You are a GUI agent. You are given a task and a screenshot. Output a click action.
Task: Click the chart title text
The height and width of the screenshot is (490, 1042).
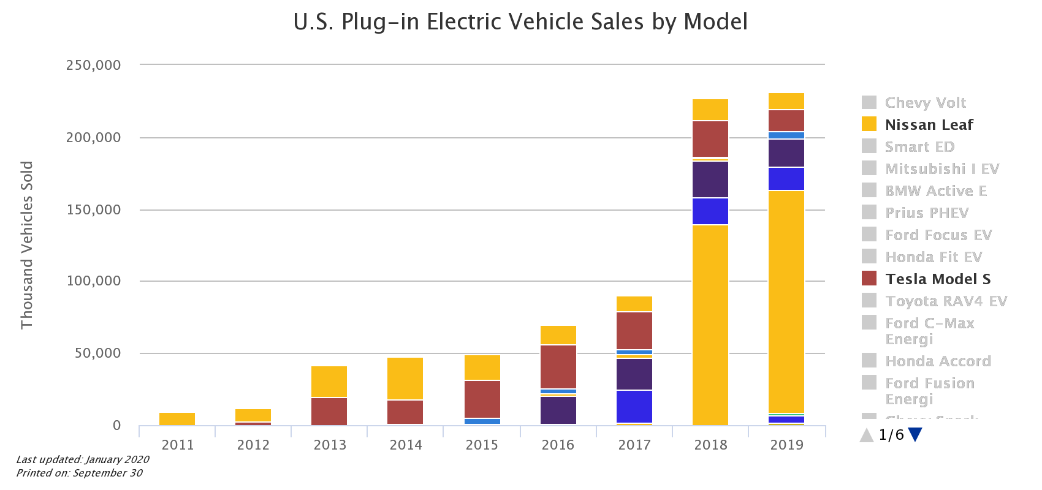point(520,22)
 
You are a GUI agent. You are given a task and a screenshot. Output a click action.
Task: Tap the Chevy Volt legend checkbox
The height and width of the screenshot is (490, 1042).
point(869,102)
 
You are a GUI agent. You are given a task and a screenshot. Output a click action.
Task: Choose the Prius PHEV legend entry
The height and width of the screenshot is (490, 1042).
point(926,213)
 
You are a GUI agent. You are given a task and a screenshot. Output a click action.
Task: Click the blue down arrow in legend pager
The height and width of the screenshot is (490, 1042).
point(915,435)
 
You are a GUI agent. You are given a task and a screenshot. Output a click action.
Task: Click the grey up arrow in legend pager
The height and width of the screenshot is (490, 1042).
point(867,435)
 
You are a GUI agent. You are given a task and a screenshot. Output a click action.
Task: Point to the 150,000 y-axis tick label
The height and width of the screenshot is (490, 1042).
point(94,210)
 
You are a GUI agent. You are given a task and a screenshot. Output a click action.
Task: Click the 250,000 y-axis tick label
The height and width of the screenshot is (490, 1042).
point(94,65)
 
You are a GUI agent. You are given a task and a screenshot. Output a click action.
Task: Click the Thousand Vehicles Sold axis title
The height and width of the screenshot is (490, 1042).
point(27,245)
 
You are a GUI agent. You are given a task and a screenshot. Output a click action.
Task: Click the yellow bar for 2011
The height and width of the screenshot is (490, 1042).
point(177,419)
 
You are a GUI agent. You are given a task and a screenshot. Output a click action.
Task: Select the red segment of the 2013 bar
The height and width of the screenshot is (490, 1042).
point(329,411)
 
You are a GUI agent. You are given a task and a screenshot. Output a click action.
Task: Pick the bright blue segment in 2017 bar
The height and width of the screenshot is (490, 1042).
point(634,406)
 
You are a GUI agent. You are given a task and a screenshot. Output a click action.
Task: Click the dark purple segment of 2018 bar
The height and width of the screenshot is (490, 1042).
point(710,179)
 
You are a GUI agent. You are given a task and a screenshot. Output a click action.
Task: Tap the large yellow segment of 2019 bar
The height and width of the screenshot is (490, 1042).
point(786,300)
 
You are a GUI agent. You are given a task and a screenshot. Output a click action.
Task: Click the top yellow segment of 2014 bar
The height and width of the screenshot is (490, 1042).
point(405,378)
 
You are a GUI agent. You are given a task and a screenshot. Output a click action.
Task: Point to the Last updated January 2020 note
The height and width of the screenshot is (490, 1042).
point(83,459)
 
